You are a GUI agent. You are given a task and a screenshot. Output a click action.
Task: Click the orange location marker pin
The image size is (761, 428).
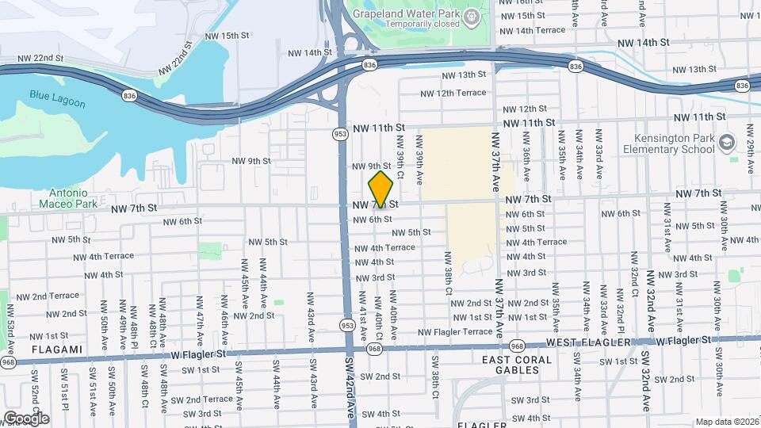[381, 189]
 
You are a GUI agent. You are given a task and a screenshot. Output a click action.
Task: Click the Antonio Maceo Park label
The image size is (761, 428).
[74, 197]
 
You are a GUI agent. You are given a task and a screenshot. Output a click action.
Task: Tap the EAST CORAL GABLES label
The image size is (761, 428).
[516, 365]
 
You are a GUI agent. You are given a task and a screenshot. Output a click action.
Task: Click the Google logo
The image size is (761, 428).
[26, 418]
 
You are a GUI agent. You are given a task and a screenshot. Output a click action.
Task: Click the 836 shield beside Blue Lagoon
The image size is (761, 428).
[129, 96]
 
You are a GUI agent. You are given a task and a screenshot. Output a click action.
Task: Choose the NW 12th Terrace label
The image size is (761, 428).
[453, 93]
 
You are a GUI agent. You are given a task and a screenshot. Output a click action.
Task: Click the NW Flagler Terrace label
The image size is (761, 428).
[455, 331]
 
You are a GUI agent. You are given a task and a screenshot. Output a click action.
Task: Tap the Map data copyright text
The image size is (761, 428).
[725, 422]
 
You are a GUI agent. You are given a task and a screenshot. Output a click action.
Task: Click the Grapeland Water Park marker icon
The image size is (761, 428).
[472, 16]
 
